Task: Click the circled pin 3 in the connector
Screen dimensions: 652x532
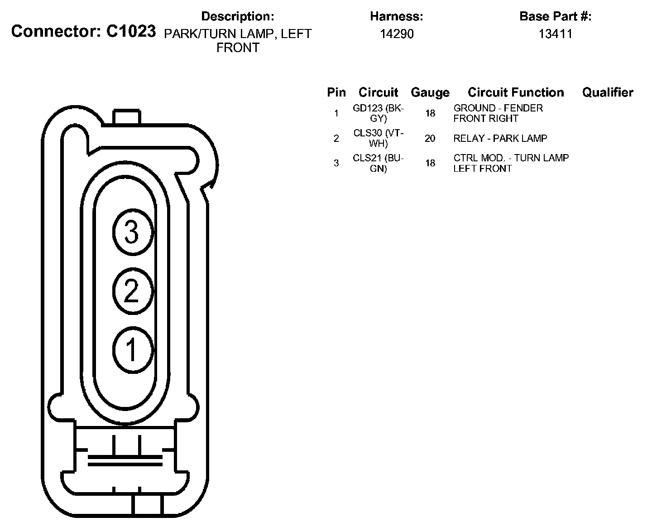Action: pyautogui.click(x=133, y=232)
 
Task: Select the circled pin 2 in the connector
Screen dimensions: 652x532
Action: pyautogui.click(x=133, y=291)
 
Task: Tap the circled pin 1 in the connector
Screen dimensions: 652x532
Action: pyautogui.click(x=133, y=350)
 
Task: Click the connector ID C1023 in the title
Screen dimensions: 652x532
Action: pyautogui.click(x=131, y=31)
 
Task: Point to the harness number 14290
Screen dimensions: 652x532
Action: pyautogui.click(x=397, y=34)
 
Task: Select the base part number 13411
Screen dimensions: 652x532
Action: pyautogui.click(x=555, y=34)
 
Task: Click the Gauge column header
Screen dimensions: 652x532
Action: pyautogui.click(x=430, y=92)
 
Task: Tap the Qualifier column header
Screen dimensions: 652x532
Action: pyautogui.click(x=608, y=92)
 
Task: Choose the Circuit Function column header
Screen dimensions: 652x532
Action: pyautogui.click(x=516, y=92)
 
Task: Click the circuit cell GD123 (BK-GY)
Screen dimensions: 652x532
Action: pyautogui.click(x=379, y=113)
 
